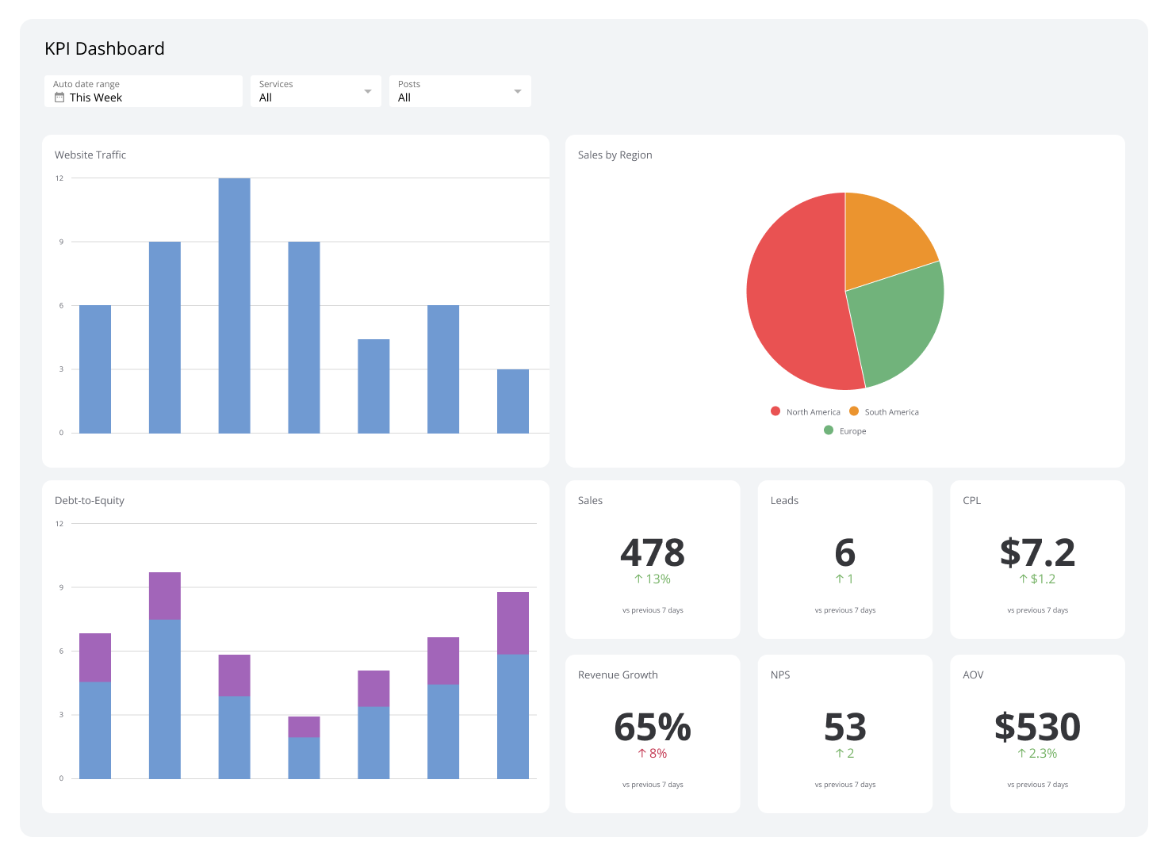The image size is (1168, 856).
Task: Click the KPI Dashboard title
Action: pos(105,49)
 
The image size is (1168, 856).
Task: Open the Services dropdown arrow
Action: pos(367,91)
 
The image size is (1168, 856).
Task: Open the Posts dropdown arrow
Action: pos(517,91)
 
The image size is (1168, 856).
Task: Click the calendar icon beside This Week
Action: pos(59,97)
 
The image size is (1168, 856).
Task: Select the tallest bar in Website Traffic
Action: pos(234,305)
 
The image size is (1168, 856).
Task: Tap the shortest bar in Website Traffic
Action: pos(512,401)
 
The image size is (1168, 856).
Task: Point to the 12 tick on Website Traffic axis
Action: pos(59,178)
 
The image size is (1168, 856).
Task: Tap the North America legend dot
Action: pos(775,411)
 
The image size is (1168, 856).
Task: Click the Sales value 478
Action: pos(652,552)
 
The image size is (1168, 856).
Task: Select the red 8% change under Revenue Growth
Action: pos(653,754)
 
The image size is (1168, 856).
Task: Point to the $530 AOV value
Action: pos(1037,727)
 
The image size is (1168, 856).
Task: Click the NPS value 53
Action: pos(844,727)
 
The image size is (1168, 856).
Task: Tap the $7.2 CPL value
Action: pos(1037,552)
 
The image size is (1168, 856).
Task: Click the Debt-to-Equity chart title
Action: pos(90,501)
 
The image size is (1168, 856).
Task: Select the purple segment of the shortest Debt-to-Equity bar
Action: pos(304,727)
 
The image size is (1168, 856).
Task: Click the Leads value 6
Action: pos(844,552)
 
